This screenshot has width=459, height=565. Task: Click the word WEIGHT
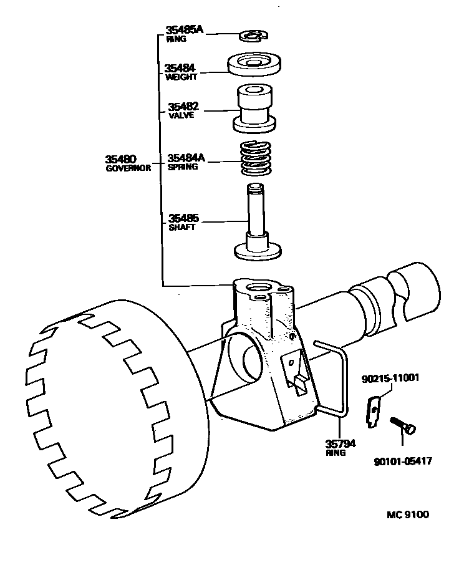pyautogui.click(x=181, y=77)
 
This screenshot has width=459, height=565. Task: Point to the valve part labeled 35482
pyautogui.click(x=254, y=110)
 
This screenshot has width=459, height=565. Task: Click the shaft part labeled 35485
pyautogui.click(x=256, y=225)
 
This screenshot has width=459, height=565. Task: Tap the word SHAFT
pyautogui.click(x=181, y=228)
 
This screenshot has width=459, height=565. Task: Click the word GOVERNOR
pyautogui.click(x=128, y=168)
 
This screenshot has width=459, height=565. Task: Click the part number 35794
pyautogui.click(x=340, y=443)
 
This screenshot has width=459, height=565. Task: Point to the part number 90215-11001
pyautogui.click(x=390, y=379)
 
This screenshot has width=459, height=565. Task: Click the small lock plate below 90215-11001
pyautogui.click(x=372, y=412)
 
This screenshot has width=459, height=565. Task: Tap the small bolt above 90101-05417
pyautogui.click(x=403, y=425)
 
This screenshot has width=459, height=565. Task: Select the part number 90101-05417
pyautogui.click(x=403, y=461)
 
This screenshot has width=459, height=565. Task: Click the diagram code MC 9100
pyautogui.click(x=408, y=514)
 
